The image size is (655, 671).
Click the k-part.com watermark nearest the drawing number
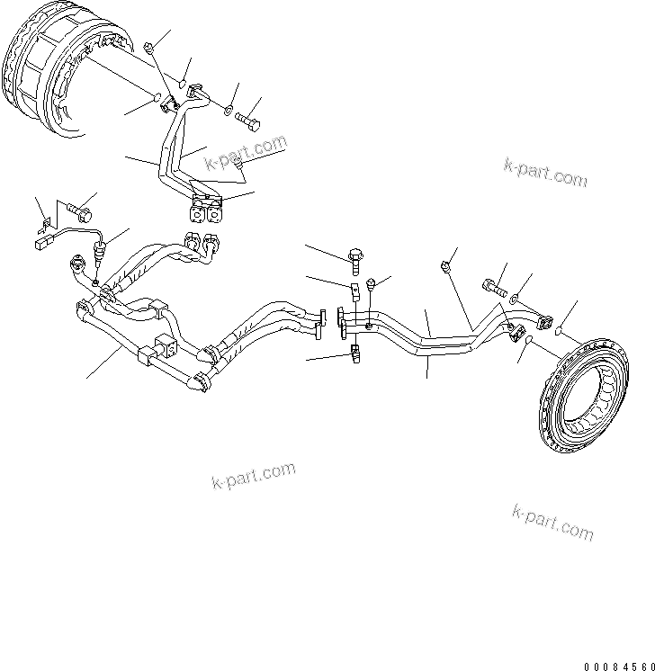[552, 523]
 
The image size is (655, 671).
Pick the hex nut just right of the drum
[150, 46]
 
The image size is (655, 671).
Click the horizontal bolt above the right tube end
[494, 290]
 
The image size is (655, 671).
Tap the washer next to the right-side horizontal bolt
[514, 296]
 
